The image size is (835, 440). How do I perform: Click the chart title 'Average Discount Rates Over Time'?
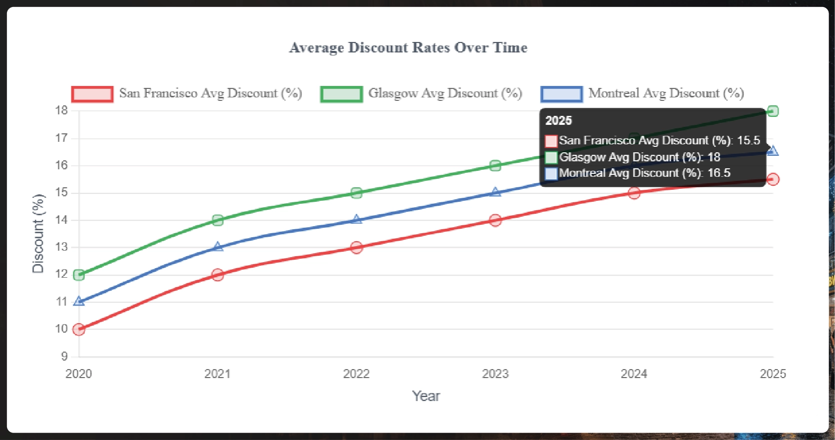click(x=408, y=47)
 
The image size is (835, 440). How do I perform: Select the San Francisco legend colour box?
click(x=92, y=94)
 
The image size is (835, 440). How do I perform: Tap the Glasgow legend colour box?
click(x=341, y=94)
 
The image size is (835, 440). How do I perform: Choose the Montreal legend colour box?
click(x=561, y=94)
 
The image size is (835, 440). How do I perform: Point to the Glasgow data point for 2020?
click(x=78, y=275)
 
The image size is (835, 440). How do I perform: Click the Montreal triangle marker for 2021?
click(x=217, y=247)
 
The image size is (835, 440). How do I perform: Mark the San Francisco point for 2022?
click(x=356, y=247)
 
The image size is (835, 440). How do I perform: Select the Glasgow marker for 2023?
click(x=495, y=165)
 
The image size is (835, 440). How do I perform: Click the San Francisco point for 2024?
click(x=634, y=193)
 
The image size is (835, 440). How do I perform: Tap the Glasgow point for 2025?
click(x=772, y=111)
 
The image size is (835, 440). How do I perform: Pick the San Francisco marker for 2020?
click(x=78, y=329)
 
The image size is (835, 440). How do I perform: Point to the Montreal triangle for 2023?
click(x=495, y=192)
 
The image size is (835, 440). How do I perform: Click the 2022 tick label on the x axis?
click(x=356, y=374)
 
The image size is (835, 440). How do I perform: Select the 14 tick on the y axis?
click(x=61, y=220)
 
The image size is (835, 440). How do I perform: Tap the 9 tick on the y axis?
click(x=64, y=356)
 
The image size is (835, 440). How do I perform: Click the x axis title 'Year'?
click(x=426, y=396)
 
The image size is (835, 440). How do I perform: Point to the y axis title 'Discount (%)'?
click(x=38, y=233)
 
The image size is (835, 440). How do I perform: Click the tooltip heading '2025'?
click(x=558, y=120)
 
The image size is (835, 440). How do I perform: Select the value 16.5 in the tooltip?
click(x=719, y=173)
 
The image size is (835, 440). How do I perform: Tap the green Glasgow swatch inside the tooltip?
click(x=551, y=157)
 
